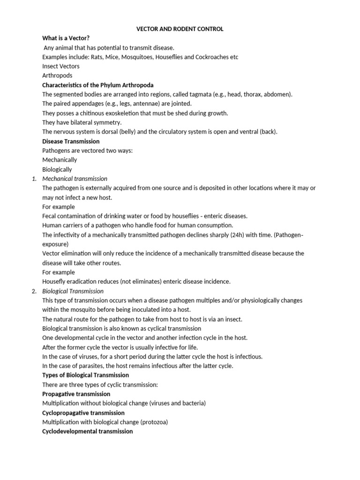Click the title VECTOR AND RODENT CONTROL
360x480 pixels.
click(x=180, y=29)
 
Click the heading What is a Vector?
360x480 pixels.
click(x=66, y=38)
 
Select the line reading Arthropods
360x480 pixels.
click(x=57, y=75)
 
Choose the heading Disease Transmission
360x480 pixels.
click(x=71, y=141)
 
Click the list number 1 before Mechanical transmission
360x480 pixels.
click(x=34, y=179)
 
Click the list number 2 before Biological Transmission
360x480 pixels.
click(x=34, y=291)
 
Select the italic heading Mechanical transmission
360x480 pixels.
click(x=75, y=179)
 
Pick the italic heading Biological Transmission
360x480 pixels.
click(x=73, y=291)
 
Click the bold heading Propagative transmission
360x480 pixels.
click(x=76, y=394)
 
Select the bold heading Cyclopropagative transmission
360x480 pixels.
click(x=83, y=413)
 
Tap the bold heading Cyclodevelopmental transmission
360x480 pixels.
click(x=88, y=431)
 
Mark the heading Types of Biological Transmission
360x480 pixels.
click(x=85, y=375)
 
